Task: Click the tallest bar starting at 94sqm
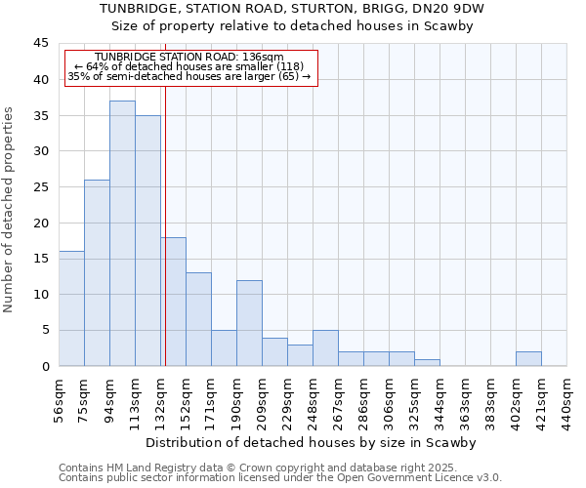tap(122, 233)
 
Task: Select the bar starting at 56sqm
tap(71, 308)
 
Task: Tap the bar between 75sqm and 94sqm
tap(97, 273)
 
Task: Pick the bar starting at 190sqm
tap(249, 323)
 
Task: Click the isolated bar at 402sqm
tap(528, 358)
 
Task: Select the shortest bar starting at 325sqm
tap(427, 362)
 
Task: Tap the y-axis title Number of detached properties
tap(10, 210)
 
